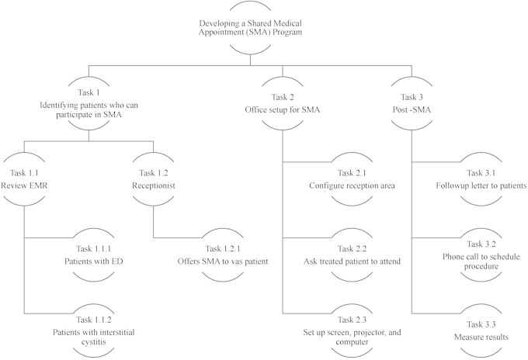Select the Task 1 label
pos(89,91)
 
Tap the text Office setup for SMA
pos(282,109)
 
